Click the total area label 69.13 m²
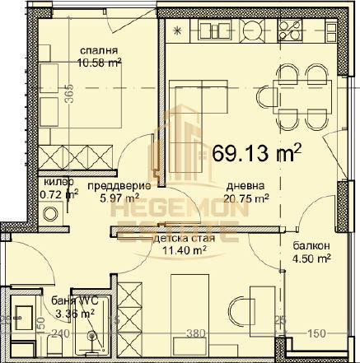point(256,154)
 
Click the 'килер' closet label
point(58,182)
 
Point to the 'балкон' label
point(310,245)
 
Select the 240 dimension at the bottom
point(58,333)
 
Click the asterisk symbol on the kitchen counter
point(180,30)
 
